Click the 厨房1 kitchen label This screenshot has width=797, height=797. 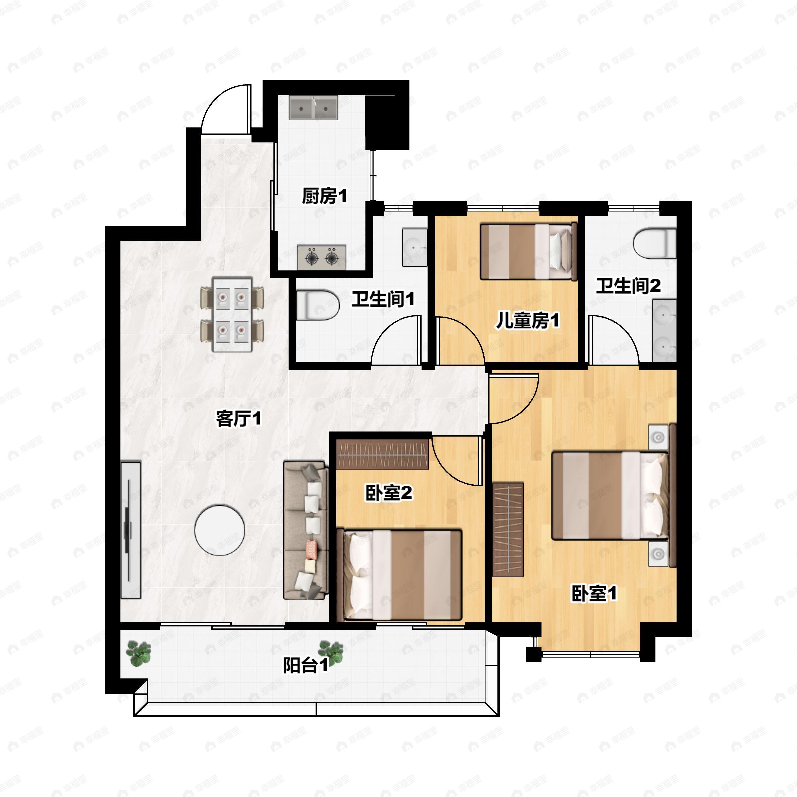(x=324, y=196)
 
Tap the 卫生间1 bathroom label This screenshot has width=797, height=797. (x=383, y=299)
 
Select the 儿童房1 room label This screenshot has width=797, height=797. (x=527, y=320)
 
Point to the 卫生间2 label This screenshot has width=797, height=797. (x=628, y=286)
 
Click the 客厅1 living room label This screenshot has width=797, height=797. (x=238, y=419)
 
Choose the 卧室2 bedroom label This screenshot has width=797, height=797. (x=389, y=492)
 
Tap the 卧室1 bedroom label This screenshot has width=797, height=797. (x=594, y=594)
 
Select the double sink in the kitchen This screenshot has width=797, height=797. (x=313, y=108)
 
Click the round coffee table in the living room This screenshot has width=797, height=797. (x=220, y=530)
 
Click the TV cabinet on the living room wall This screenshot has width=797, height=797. (x=131, y=530)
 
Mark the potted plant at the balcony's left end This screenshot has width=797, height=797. (x=138, y=654)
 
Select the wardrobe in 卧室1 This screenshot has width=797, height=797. (x=508, y=529)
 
